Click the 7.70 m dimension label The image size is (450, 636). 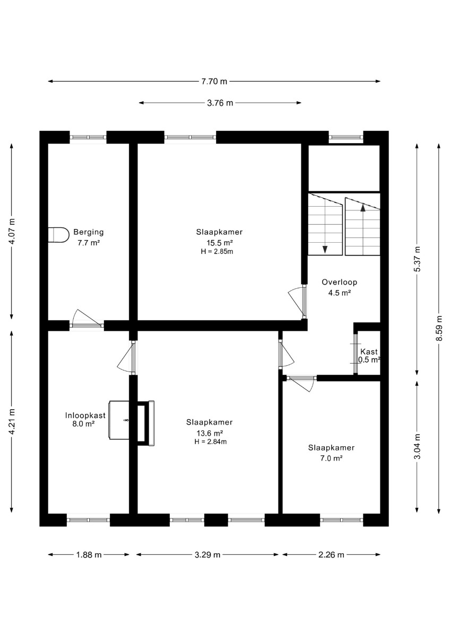coord(214,82)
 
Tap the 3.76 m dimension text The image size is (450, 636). coord(220,103)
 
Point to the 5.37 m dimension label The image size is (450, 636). coord(417,259)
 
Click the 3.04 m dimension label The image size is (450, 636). coord(417,446)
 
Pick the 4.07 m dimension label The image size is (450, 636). coord(12,231)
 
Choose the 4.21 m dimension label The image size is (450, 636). coord(12,422)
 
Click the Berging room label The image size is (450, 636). coord(89,232)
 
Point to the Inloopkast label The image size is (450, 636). coord(85,416)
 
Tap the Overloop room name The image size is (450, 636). coord(339,282)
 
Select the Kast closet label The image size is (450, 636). coord(369,351)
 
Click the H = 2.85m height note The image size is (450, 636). coord(217,251)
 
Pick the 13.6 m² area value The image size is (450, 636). coord(210,434)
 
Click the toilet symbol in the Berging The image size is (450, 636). coord(58,235)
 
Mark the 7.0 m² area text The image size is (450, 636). coord(331,458)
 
